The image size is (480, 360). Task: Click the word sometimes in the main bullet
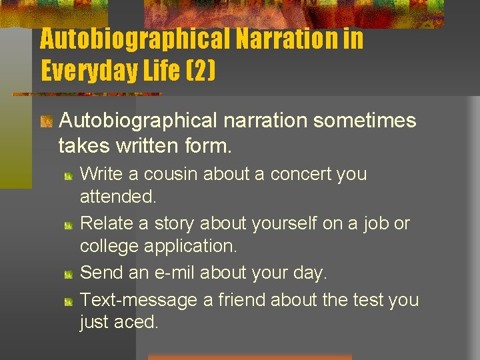pyautogui.click(x=364, y=121)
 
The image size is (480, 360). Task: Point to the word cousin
pyautogui.click(x=169, y=174)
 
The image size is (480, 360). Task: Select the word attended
pyautogui.click(x=118, y=197)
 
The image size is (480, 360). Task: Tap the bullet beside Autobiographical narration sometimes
pyautogui.click(x=47, y=122)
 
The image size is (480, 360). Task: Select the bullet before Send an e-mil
pyautogui.click(x=69, y=274)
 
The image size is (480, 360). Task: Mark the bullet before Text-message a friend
pyautogui.click(x=69, y=301)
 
